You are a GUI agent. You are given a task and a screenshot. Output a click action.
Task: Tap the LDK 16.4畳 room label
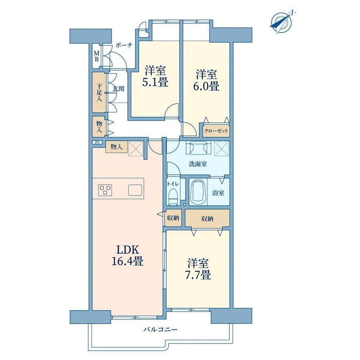pos(128,255)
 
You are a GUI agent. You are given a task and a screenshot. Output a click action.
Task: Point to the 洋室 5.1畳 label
pos(155,76)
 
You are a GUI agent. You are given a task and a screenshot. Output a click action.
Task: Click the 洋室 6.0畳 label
pos(206,80)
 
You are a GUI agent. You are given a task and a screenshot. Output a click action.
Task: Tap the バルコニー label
pos(160,329)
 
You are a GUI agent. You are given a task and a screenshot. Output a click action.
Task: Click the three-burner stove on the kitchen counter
pos(105,190)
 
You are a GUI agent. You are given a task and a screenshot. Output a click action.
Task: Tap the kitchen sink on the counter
pos(135,190)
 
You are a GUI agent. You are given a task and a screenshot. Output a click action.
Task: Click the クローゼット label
pos(216,131)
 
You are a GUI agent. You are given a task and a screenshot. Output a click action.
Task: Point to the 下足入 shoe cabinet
pos(99,92)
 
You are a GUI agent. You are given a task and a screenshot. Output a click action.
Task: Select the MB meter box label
pos(97,56)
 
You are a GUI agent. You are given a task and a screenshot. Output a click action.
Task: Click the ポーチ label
pos(124,45)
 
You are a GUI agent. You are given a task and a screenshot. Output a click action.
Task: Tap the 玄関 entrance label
pos(119,88)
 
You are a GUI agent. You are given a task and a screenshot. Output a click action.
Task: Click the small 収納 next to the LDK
pos(173,218)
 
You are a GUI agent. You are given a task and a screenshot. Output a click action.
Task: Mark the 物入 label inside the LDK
pos(116,147)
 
